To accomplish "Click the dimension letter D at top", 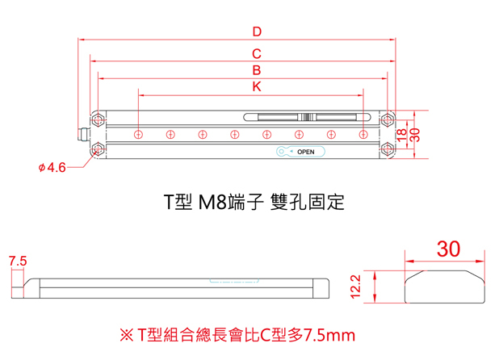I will (257, 32).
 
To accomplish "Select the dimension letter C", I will (257, 54).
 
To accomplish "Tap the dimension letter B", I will (257, 71).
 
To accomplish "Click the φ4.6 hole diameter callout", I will (52, 168).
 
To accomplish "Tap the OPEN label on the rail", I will (305, 152).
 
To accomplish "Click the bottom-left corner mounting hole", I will (98, 149).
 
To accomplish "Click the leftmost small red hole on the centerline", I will (139, 134).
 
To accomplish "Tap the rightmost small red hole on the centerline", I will (363, 134).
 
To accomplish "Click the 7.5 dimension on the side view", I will (17, 262).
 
